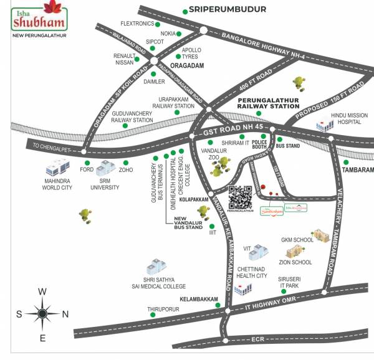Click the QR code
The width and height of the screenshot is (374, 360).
241,197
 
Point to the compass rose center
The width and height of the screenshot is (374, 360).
42,314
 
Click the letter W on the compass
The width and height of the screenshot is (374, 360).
42,291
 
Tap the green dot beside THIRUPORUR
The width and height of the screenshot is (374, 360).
153,315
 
